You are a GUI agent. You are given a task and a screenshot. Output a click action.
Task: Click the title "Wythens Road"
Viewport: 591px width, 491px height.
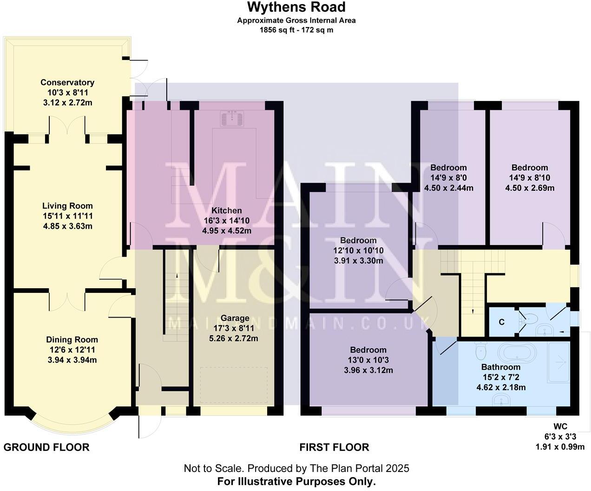pyautogui.click(x=296, y=7)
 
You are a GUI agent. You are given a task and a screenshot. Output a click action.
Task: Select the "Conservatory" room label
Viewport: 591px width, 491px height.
pyautogui.click(x=67, y=82)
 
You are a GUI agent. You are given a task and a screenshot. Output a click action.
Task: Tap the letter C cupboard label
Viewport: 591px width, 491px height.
pyautogui.click(x=502, y=322)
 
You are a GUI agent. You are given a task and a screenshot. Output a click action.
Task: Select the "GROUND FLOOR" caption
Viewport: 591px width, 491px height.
pyautogui.click(x=46, y=447)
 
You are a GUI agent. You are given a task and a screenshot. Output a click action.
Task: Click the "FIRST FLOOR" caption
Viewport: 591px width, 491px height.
pyautogui.click(x=334, y=447)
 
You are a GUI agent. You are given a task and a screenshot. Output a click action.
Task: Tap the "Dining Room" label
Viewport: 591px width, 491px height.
pyautogui.click(x=72, y=339)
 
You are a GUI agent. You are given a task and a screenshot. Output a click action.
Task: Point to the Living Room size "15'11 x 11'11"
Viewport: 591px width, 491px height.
pyautogui.click(x=67, y=216)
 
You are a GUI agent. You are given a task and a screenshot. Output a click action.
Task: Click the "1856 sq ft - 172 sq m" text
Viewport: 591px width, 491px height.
pyautogui.click(x=296, y=30)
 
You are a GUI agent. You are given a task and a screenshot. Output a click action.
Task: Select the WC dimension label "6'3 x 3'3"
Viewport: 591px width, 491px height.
pyautogui.click(x=560, y=437)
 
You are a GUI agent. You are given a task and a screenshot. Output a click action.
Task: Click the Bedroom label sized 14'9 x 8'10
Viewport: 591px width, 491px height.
pyautogui.click(x=530, y=167)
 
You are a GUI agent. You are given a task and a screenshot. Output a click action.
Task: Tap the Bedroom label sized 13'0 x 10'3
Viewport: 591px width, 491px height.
pyautogui.click(x=368, y=350)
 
